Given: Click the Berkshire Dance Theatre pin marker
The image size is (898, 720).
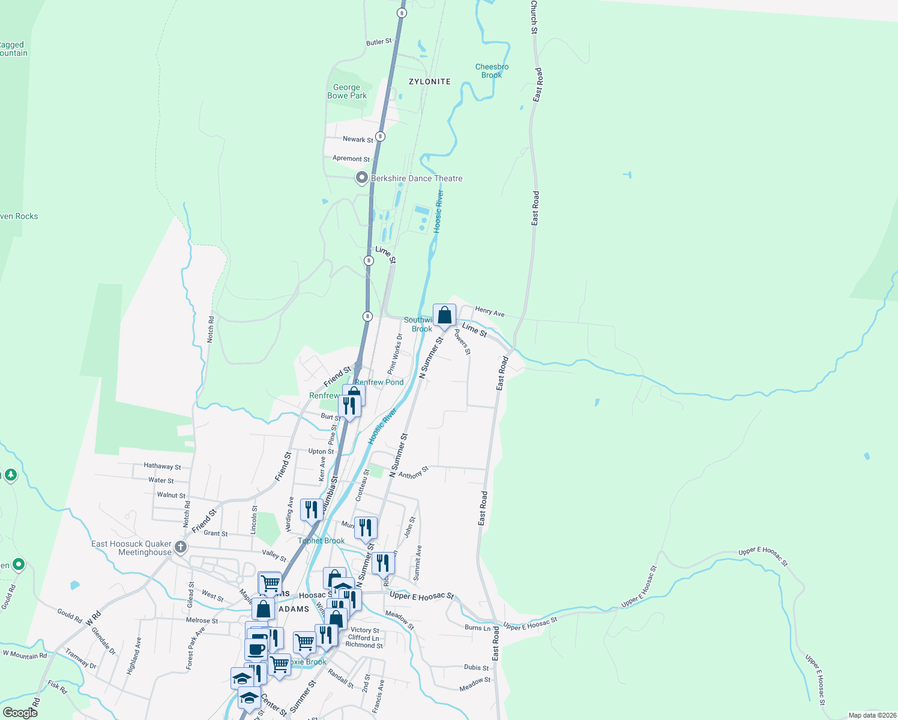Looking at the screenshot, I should coord(361,178).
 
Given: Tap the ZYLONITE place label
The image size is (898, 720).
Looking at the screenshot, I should coord(429,82).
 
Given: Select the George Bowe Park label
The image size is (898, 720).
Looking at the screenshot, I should coord(347,91).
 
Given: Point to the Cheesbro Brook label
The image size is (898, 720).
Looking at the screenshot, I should coord(492,71).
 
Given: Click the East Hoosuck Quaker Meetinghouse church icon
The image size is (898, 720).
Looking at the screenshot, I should coord(181,547).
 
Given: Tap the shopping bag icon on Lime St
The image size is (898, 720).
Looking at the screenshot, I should coord(444,316).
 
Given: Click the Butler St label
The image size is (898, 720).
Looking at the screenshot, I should coord(379,42).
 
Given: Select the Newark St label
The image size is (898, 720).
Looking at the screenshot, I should coord(358,139).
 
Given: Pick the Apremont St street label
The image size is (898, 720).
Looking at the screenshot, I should coord(351,159).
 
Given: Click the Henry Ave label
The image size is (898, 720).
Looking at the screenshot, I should coord(490,311).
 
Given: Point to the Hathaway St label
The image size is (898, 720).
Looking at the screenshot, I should coord(162,466).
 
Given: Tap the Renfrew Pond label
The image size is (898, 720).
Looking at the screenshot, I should coord(379,382).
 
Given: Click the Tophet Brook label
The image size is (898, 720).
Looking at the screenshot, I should coord(321,541).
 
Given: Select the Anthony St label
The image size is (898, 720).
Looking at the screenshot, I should coord(414,473).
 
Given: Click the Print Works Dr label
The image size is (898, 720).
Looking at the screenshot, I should coord(395,355).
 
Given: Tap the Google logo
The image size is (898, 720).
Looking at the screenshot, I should coord(20,712).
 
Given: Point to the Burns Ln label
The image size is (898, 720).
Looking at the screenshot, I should coord(477,628).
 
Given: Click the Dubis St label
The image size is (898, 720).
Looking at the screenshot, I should coord(476,667).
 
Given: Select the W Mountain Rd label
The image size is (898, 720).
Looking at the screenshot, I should coord(25,655).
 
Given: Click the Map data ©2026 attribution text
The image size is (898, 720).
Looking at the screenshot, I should coord(872,715).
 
